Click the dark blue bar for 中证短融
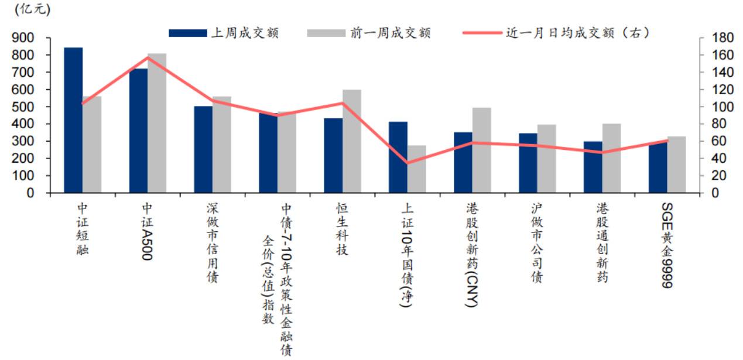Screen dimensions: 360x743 73,120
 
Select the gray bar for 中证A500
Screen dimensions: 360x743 156,123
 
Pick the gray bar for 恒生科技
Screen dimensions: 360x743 351,141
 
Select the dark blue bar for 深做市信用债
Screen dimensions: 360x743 203,149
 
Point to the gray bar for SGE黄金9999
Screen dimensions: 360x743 676,164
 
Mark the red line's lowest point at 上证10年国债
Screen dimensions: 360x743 407,163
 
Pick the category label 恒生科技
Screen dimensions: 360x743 342,229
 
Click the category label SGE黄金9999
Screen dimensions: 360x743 667,245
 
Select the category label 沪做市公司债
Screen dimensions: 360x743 536,243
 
